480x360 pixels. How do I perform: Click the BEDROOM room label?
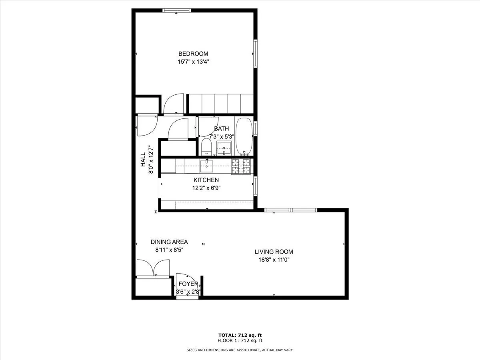[x=193, y=54]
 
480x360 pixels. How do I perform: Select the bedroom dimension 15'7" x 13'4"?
[x=194, y=62]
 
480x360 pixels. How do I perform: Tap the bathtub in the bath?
[x=244, y=136]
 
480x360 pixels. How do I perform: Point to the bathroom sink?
[x=225, y=148]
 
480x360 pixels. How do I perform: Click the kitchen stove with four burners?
[x=241, y=166]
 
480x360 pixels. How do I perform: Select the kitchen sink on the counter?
[x=207, y=165]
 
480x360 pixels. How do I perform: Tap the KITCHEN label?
[x=206, y=180]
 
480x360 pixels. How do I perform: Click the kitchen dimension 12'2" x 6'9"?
[x=206, y=188]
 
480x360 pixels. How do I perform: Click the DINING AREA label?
[x=169, y=242]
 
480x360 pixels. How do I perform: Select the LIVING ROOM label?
[x=274, y=252]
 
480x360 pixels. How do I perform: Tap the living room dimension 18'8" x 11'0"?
[x=274, y=260]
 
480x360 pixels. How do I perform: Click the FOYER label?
[x=188, y=284]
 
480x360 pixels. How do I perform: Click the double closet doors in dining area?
[x=153, y=268]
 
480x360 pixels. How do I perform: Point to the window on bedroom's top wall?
[x=176, y=11]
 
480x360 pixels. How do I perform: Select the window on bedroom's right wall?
[x=254, y=53]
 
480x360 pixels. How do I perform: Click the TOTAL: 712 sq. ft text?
[x=240, y=335]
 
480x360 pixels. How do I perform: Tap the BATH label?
[x=222, y=128]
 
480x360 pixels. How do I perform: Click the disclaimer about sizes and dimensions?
[x=240, y=350]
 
